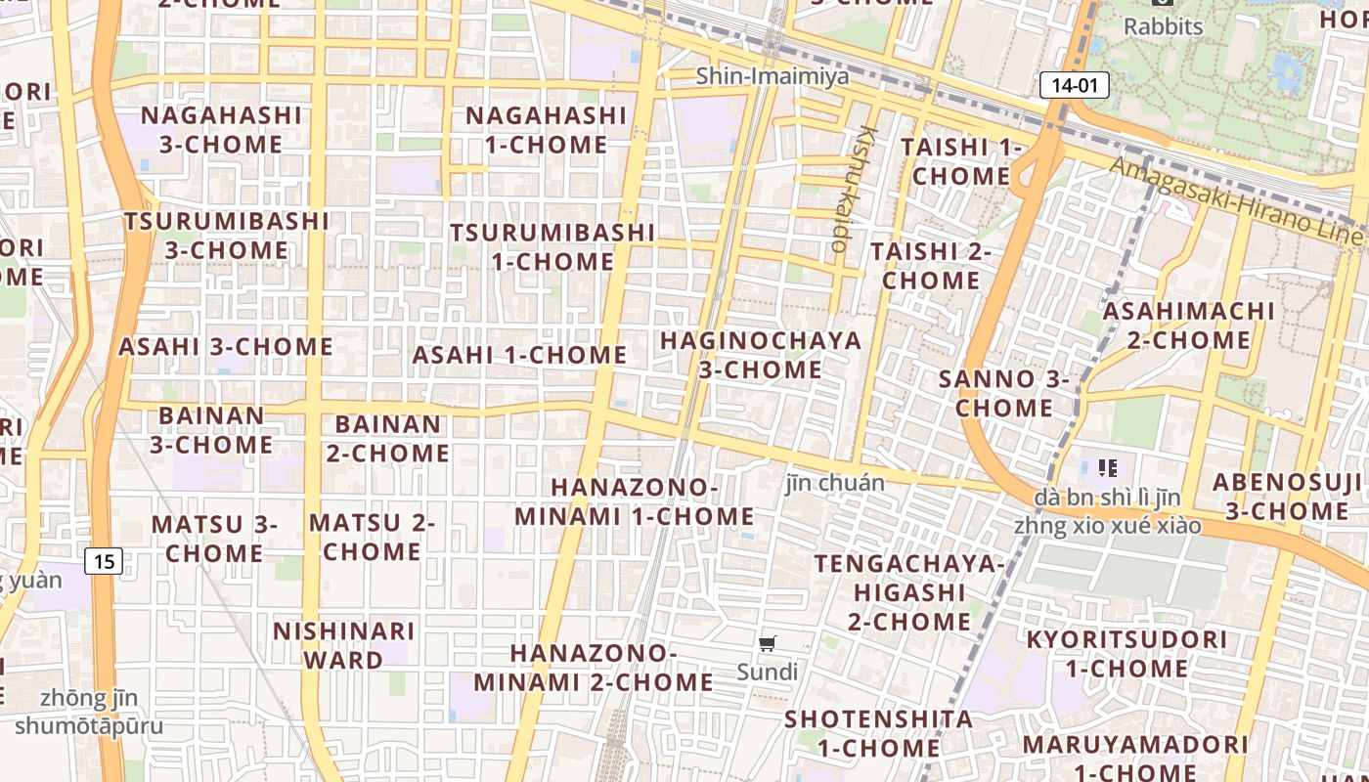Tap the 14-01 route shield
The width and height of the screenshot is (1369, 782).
coord(1075,85)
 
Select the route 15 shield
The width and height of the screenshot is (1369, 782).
coord(104,561)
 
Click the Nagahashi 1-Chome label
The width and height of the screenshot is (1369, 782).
coord(546,130)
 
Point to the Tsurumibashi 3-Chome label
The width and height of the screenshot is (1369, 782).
coord(226,236)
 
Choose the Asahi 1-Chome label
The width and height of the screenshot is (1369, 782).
coord(519,355)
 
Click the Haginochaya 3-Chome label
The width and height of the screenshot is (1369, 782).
coord(761,355)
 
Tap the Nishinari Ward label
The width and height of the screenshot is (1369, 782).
coord(343,645)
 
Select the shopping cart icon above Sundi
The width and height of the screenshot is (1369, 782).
coord(768,643)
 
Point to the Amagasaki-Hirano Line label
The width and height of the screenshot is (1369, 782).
coord(1236,200)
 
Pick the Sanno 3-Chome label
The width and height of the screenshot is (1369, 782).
coord(1004,393)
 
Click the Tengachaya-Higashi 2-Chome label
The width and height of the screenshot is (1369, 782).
coord(908,592)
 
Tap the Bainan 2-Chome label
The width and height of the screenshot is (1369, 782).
coord(388,439)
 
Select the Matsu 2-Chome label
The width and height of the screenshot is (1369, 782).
coord(372,537)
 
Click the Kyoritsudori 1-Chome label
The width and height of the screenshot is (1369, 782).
coord(1126,654)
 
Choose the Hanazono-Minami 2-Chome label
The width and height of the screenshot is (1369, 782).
coord(595,667)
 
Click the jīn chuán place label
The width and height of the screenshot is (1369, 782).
coord(834,483)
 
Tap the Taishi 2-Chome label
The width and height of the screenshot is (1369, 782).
coord(930,265)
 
